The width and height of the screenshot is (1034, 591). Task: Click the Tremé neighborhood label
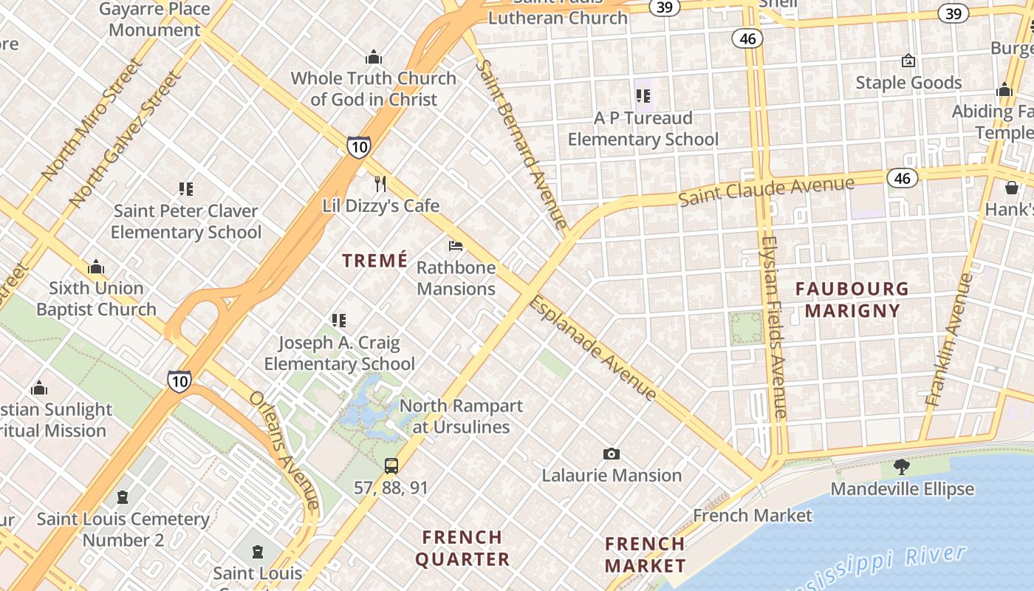pyautogui.click(x=374, y=260)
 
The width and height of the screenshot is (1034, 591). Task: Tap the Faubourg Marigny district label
pyautogui.click(x=852, y=299)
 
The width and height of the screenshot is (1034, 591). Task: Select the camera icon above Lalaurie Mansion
pyautogui.click(x=611, y=454)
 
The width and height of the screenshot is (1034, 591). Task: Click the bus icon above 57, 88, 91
pyautogui.click(x=391, y=465)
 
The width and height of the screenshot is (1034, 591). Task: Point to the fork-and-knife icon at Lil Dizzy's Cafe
pyautogui.click(x=380, y=182)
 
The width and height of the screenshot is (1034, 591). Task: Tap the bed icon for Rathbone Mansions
pyautogui.click(x=456, y=245)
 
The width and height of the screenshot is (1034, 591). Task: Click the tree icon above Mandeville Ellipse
pyautogui.click(x=901, y=466)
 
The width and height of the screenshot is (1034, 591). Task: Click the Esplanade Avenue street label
pyautogui.click(x=592, y=348)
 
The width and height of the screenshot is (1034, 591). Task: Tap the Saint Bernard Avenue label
pyautogui.click(x=521, y=143)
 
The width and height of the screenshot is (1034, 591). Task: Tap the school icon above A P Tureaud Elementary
pyautogui.click(x=643, y=96)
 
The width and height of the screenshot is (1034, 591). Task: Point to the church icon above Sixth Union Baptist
pyautogui.click(x=96, y=267)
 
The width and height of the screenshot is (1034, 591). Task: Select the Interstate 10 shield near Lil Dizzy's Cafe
pyautogui.click(x=358, y=146)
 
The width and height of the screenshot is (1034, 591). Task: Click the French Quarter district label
pyautogui.click(x=462, y=547)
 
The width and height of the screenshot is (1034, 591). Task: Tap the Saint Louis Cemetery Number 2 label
pyautogui.click(x=123, y=529)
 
